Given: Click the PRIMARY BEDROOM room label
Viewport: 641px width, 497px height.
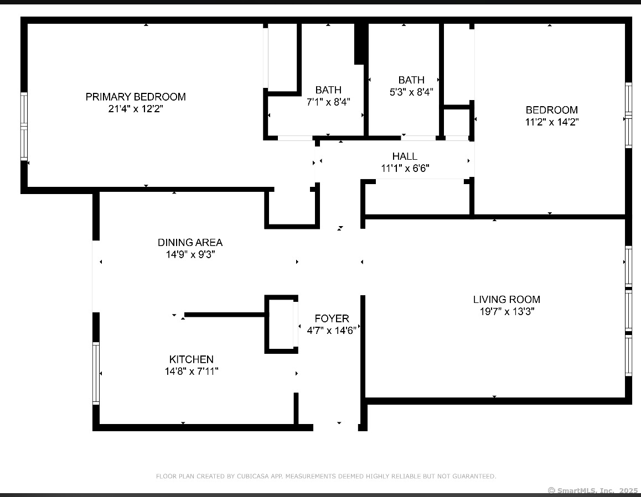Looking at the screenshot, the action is (136, 97).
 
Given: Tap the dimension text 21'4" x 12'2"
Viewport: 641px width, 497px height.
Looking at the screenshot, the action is (136, 108).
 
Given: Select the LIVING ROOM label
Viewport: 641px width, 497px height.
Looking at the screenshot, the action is (506, 299).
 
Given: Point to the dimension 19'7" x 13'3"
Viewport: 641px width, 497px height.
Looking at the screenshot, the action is (507, 312).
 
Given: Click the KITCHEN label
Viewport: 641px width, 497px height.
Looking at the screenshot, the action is (192, 359).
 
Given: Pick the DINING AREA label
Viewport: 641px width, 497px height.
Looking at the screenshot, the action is (190, 243).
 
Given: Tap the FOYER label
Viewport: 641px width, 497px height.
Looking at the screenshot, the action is (332, 318).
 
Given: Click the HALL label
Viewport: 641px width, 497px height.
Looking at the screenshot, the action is (405, 156).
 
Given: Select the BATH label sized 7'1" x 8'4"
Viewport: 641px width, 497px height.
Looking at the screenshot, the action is (328, 90).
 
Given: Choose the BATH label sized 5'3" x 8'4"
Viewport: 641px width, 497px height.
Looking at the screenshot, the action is (411, 80).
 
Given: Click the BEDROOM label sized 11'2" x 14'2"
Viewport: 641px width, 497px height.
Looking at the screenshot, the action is (551, 110).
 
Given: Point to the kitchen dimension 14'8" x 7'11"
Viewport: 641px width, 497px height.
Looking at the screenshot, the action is (192, 371).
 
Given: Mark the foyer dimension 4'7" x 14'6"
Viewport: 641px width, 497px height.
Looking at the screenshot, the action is (332, 331).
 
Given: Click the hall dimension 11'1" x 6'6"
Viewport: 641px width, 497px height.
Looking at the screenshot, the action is (405, 168).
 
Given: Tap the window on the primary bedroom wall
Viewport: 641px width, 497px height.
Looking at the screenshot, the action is (24, 127).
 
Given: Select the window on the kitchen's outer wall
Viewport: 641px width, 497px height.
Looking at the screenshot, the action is (96, 373).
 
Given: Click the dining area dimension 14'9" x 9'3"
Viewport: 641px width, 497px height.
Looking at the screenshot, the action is (190, 254).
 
